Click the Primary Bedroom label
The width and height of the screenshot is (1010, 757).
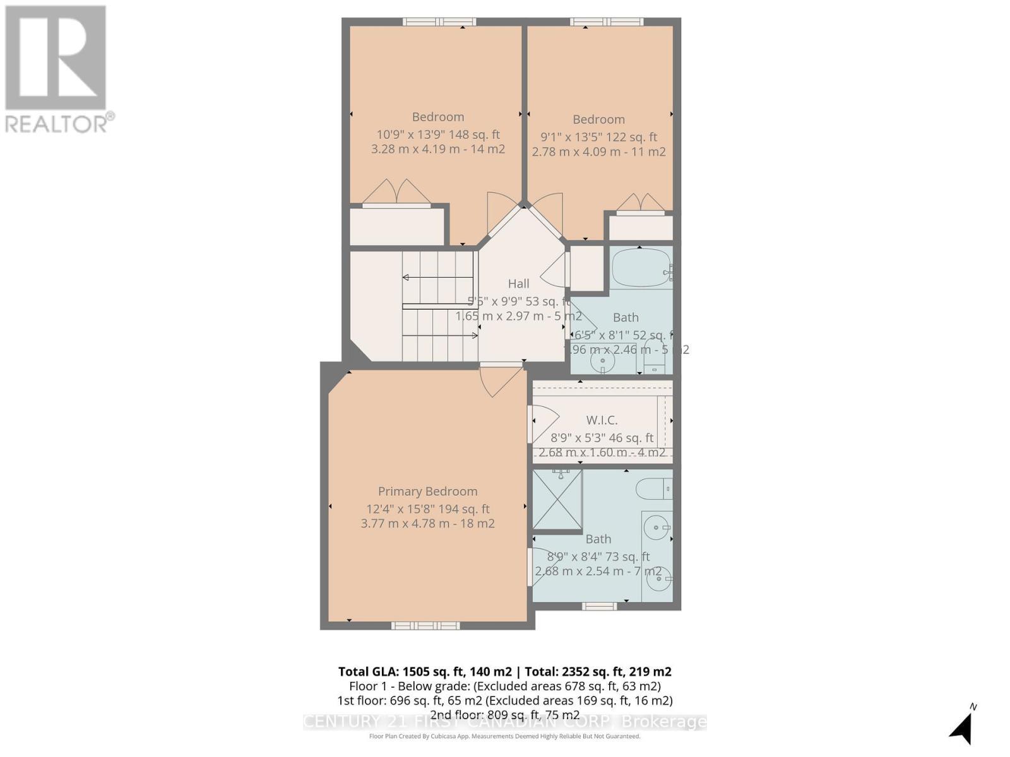pyautogui.click(x=427, y=491)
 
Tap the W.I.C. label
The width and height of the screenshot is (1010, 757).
pyautogui.click(x=602, y=420)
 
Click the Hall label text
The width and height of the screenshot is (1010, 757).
pyautogui.click(x=518, y=284)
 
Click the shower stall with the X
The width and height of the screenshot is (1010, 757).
pyautogui.click(x=557, y=500)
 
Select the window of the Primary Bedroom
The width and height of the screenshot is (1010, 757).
pyautogui.click(x=425, y=625)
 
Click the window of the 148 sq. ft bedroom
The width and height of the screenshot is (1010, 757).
pyautogui.click(x=439, y=22)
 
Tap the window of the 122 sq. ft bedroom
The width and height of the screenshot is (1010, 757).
pyautogui.click(x=606, y=22)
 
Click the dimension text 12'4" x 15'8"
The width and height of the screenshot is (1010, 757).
pyautogui.click(x=427, y=509)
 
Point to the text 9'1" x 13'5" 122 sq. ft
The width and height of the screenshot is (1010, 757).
pyautogui.click(x=598, y=137)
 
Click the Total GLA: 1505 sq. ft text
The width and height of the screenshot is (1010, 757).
pyautogui.click(x=424, y=672)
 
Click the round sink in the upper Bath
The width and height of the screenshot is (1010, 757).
pyautogui.click(x=603, y=362)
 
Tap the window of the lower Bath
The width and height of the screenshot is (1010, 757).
pyautogui.click(x=599, y=606)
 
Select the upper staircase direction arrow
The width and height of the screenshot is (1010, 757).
pyautogui.click(x=438, y=278)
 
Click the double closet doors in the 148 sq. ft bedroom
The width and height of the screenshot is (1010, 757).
pyautogui.click(x=396, y=193)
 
